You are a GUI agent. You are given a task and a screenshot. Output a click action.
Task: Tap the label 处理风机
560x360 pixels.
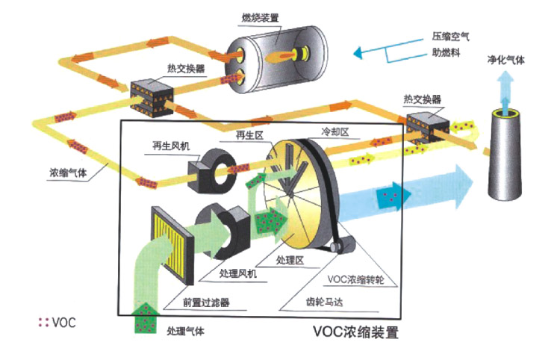pos(239,274)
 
